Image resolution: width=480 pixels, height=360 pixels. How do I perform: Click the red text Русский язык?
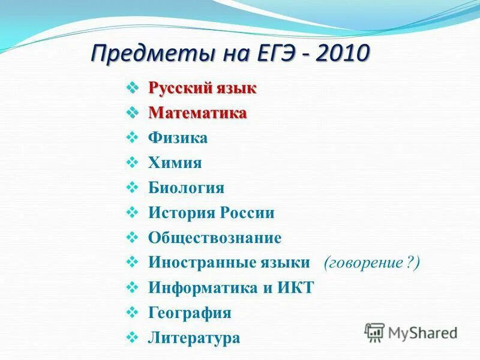click(x=202, y=89)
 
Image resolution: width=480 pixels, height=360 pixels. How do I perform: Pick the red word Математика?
click(x=197, y=113)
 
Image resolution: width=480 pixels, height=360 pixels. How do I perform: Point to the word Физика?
click(x=178, y=138)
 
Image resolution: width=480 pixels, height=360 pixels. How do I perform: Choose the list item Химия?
click(x=175, y=163)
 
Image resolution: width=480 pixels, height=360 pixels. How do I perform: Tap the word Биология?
click(x=186, y=188)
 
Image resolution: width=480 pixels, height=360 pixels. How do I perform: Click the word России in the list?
click(x=247, y=213)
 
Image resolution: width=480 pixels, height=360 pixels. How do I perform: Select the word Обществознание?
click(x=215, y=238)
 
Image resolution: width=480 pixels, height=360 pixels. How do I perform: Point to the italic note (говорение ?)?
click(x=372, y=263)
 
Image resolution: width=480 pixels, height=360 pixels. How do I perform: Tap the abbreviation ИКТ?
click(x=294, y=287)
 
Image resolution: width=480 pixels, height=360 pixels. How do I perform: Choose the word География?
click(x=190, y=313)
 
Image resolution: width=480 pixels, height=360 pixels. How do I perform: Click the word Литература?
click(x=194, y=338)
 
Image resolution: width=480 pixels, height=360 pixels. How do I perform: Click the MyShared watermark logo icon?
click(x=374, y=332)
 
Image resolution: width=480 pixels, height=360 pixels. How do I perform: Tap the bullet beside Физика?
click(x=134, y=138)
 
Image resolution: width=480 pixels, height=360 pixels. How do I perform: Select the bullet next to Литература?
click(x=134, y=338)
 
